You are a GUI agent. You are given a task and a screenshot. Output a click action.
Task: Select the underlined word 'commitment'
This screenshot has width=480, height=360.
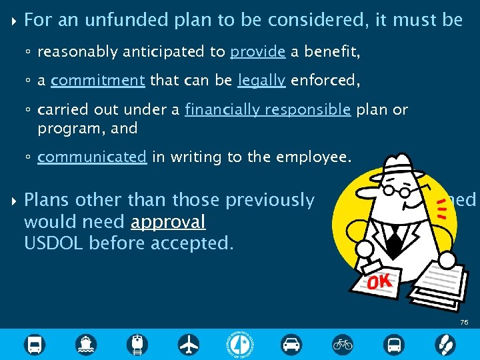(x=97, y=81)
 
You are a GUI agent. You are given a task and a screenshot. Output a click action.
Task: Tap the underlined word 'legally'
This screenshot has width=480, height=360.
(x=262, y=81)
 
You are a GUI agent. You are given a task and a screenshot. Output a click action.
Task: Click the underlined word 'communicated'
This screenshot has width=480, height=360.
(x=91, y=157)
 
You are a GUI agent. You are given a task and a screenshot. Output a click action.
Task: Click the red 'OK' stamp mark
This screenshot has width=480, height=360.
(x=378, y=282)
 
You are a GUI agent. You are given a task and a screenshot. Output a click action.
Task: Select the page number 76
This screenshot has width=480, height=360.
(x=464, y=322)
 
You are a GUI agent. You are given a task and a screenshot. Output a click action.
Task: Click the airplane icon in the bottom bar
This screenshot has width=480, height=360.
(x=189, y=344)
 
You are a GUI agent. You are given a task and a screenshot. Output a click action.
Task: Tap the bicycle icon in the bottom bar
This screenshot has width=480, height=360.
(x=343, y=344)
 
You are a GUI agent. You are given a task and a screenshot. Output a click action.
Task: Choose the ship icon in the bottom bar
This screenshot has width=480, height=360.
(x=87, y=344)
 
